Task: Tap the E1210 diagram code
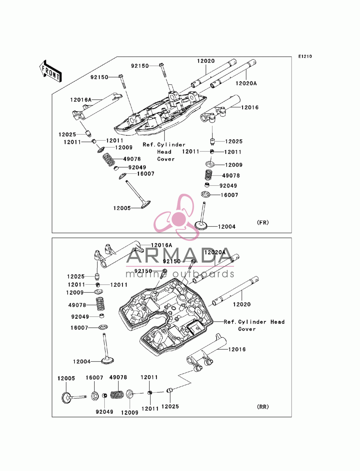tap(305, 56)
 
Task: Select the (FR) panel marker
tap(263, 222)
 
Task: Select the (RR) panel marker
tap(263, 407)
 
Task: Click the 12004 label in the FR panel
tap(227, 227)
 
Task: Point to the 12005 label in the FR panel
tap(122, 208)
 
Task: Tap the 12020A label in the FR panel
tap(246, 83)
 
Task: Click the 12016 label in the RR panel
tap(237, 349)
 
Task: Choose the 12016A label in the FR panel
tap(81, 100)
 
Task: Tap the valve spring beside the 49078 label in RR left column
tap(100, 304)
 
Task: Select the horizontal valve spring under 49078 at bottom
tap(117, 395)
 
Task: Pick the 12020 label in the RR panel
tap(242, 304)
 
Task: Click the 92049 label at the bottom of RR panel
tap(104, 412)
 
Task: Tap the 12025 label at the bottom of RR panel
tap(170, 406)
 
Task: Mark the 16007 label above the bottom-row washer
tap(94, 377)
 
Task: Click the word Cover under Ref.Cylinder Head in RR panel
tap(247, 329)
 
